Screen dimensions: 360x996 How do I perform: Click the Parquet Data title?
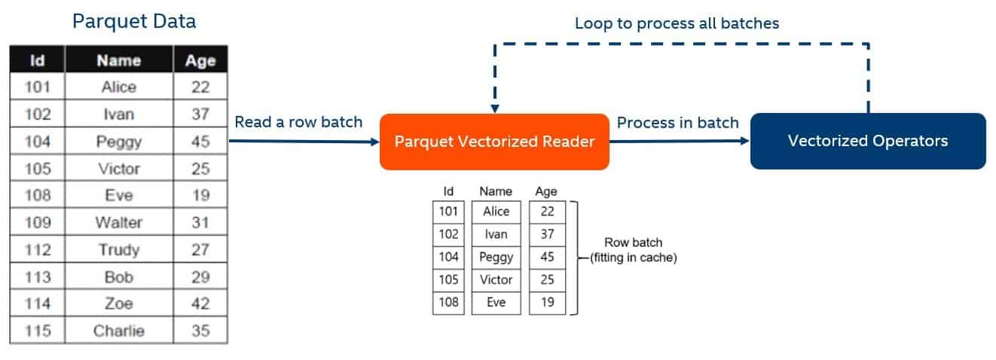(x=133, y=21)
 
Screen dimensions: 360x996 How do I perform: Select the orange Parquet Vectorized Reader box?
(x=493, y=142)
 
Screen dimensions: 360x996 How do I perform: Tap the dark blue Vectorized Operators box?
(x=867, y=141)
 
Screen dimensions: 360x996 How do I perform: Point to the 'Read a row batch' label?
(x=298, y=122)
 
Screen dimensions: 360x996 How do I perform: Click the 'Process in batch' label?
(x=677, y=122)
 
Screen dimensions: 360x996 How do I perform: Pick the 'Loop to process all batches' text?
(x=676, y=23)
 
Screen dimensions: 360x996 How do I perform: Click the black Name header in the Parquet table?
(x=119, y=61)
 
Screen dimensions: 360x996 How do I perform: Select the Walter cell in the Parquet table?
(x=119, y=222)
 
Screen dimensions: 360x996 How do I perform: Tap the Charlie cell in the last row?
(x=119, y=331)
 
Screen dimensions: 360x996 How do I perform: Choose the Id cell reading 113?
(x=38, y=276)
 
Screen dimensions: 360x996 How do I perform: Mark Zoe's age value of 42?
(x=200, y=304)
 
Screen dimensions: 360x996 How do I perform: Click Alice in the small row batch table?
(x=496, y=212)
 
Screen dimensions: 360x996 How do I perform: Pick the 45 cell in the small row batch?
(x=547, y=257)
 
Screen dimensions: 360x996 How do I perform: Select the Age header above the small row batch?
(x=546, y=191)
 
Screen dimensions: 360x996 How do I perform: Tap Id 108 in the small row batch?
(x=448, y=302)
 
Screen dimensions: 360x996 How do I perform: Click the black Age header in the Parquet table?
(x=200, y=61)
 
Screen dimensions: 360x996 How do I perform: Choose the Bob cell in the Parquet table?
(x=119, y=276)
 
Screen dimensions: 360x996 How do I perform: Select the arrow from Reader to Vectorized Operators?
(x=678, y=141)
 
